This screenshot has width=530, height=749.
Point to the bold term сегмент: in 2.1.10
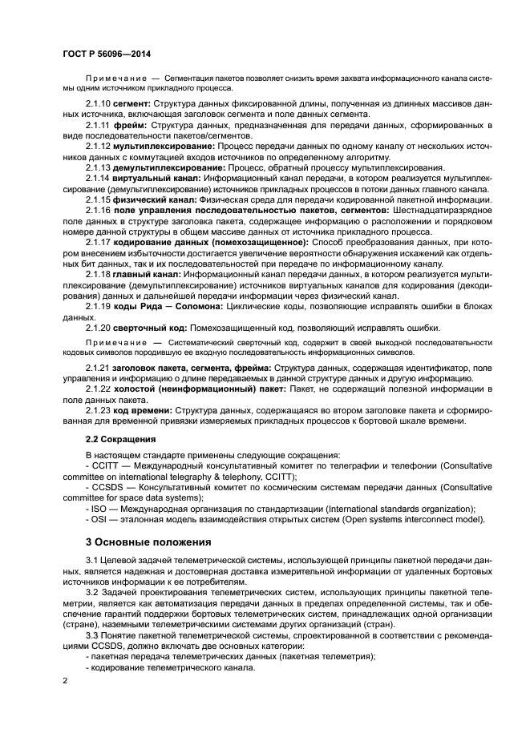tap(134, 106)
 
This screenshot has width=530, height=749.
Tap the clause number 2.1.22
tap(98, 389)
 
